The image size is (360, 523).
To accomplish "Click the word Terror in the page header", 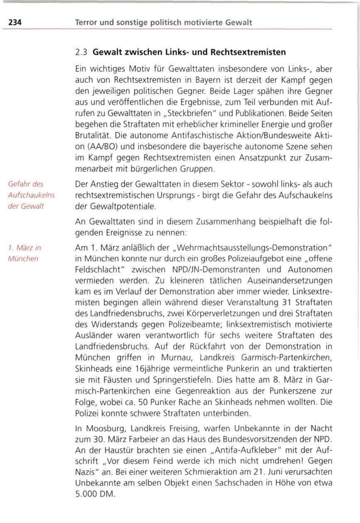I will tap(86, 24).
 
